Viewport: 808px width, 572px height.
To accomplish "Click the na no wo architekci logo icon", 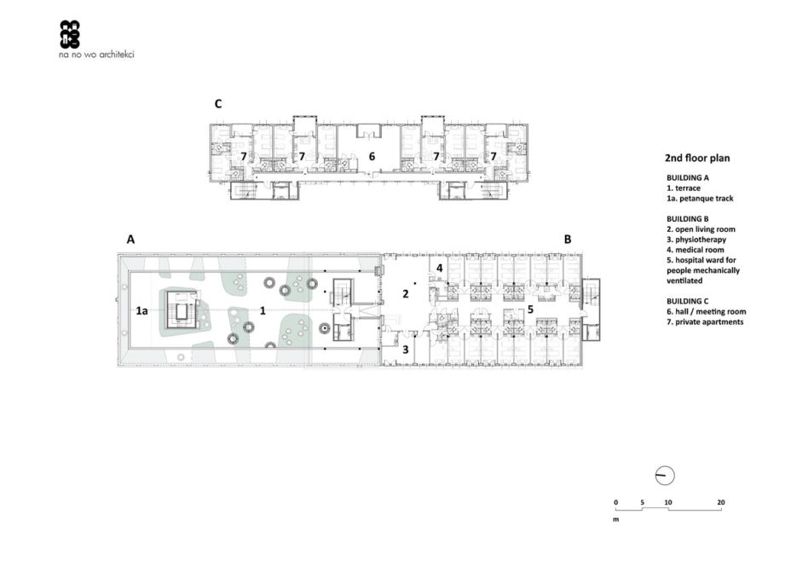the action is pyautogui.click(x=70, y=34).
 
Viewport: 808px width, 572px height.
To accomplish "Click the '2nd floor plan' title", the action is pyautogui.click(x=697, y=159).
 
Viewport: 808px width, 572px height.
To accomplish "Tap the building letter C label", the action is pyautogui.click(x=218, y=104).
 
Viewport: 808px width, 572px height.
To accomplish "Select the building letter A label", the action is pyautogui.click(x=131, y=239).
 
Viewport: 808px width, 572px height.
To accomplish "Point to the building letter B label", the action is pyautogui.click(x=568, y=239).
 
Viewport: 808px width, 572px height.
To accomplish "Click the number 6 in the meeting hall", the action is pyautogui.click(x=372, y=156).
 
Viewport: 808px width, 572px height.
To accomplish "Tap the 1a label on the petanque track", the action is pyautogui.click(x=141, y=311).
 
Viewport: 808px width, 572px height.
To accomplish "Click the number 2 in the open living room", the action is pyautogui.click(x=406, y=294).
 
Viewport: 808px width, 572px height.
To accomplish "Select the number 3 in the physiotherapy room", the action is pyautogui.click(x=406, y=350).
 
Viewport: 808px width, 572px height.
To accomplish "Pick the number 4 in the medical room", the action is pyautogui.click(x=440, y=268).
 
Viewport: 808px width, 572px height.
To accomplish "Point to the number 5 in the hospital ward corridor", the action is pyautogui.click(x=530, y=309).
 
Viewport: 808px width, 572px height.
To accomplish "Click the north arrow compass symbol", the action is pyautogui.click(x=665, y=477).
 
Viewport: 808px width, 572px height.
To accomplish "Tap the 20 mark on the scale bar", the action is pyautogui.click(x=721, y=502).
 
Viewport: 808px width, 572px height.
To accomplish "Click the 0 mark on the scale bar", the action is pyautogui.click(x=615, y=502).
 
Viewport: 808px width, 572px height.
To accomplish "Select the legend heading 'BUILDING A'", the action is pyautogui.click(x=688, y=178).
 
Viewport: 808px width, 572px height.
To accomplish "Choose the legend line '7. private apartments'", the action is pyautogui.click(x=705, y=322).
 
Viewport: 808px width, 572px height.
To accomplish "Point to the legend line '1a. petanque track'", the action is pyautogui.click(x=700, y=199).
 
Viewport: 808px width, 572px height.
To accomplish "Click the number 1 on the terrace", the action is pyautogui.click(x=263, y=311).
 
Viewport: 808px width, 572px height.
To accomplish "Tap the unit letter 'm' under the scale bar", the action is pyautogui.click(x=616, y=519).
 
